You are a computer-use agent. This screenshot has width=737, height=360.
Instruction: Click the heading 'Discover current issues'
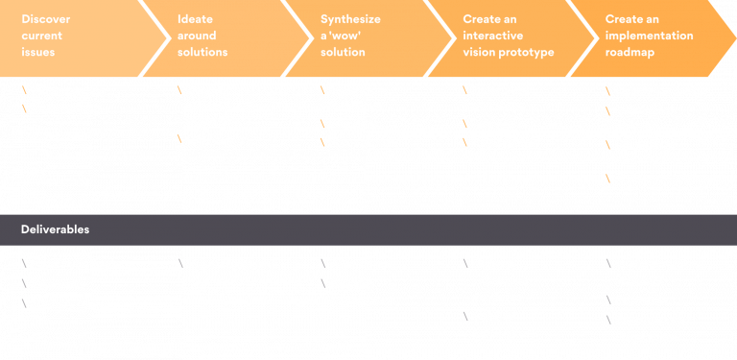(x=46, y=35)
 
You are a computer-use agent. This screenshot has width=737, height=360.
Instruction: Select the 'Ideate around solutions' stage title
(x=202, y=35)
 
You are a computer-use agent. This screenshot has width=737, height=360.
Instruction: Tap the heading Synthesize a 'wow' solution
(x=352, y=35)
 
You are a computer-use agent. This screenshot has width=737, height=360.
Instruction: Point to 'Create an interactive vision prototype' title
(x=509, y=35)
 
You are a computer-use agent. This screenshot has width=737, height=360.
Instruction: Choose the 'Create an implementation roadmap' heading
(x=647, y=35)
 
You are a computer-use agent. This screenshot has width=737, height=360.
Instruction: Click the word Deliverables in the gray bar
(x=56, y=230)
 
